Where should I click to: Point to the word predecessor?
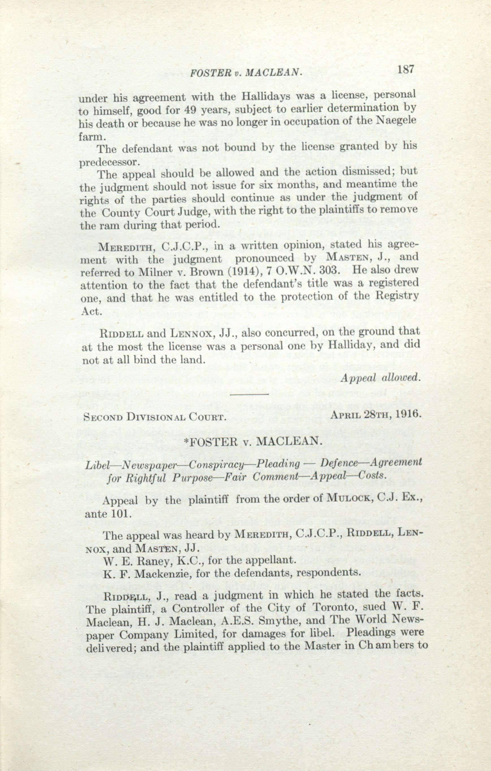point(108,162)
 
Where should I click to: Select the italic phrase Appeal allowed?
point(380,378)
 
